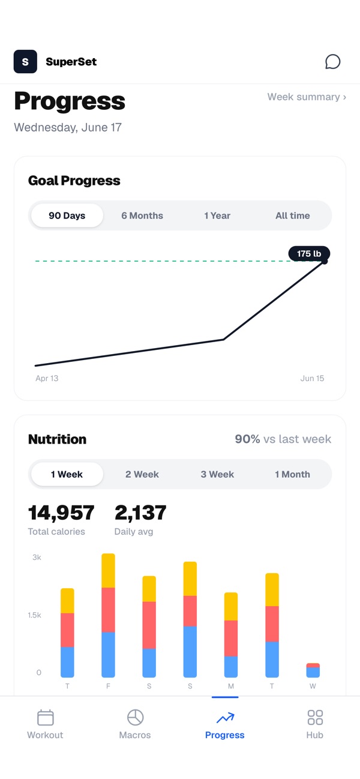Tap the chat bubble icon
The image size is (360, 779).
[332, 62]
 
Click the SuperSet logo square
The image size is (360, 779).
[25, 62]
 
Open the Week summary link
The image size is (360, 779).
[307, 97]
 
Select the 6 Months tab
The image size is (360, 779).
[142, 215]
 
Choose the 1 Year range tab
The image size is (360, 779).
[217, 215]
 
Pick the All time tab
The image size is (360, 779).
[293, 215]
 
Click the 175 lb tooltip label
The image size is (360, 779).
[309, 253]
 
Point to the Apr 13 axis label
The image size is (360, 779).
[47, 378]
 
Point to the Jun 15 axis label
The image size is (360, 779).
[312, 378]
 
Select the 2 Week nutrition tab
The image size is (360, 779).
[142, 474]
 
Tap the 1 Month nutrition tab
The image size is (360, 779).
[292, 474]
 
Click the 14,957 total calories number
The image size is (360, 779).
[61, 513]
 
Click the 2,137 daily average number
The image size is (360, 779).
[140, 513]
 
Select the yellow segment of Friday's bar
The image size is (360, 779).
[108, 570]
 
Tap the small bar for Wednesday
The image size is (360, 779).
[313, 670]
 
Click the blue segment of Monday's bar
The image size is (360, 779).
[231, 667]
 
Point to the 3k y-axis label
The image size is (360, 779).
[37, 558]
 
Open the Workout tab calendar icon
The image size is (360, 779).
[45, 717]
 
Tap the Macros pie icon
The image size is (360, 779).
[136, 717]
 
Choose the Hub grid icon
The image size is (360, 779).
[315, 717]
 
